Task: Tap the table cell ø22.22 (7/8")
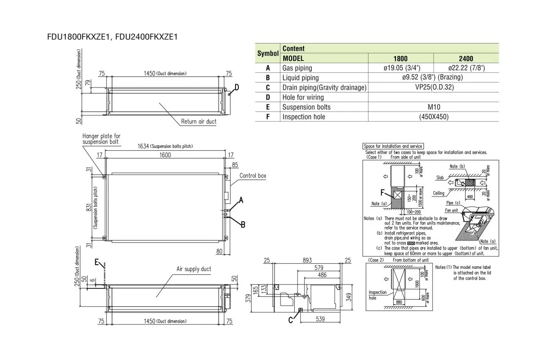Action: pyautogui.click(x=466, y=68)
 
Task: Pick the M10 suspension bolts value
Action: pyautogui.click(x=433, y=107)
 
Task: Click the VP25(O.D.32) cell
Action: pyautogui.click(x=433, y=87)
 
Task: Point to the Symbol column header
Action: pyautogui.click(x=268, y=54)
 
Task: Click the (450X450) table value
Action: pyautogui.click(x=433, y=117)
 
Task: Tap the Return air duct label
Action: pyautogui.click(x=198, y=122)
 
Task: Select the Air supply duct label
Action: pyautogui.click(x=194, y=269)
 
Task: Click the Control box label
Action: pyautogui.click(x=253, y=175)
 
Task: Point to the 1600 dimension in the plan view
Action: pyautogui.click(x=165, y=155)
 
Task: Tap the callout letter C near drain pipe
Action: pyautogui.click(x=291, y=320)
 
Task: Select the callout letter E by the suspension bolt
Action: pyautogui.click(x=97, y=262)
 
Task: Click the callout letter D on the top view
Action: pyautogui.click(x=236, y=87)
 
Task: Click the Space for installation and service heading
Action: pyautogui.click(x=392, y=146)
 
